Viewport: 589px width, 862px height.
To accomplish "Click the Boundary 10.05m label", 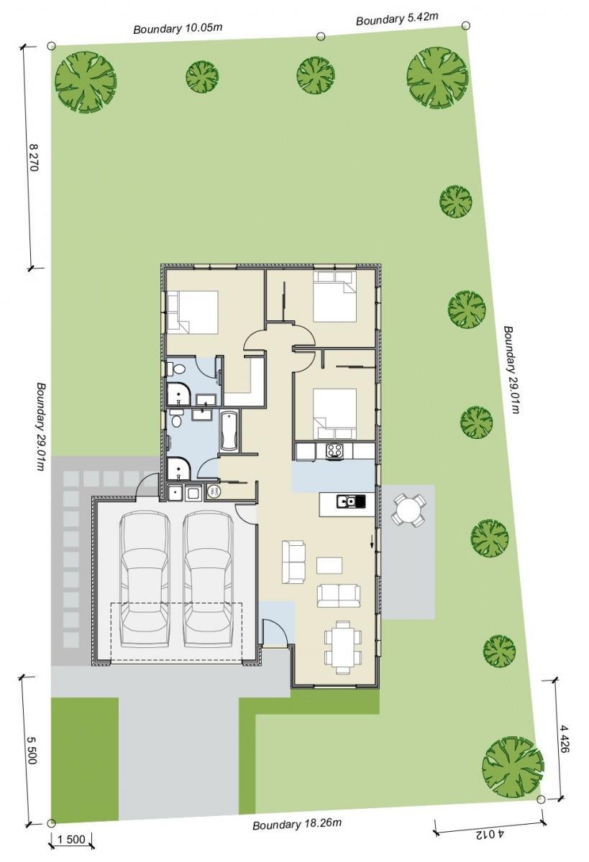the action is (178, 29).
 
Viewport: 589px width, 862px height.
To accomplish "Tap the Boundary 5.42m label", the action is (397, 19).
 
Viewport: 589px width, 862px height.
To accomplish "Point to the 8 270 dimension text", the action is (34, 157).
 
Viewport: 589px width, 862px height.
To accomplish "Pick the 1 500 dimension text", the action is (71, 847).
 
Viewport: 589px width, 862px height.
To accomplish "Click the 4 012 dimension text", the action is (490, 843).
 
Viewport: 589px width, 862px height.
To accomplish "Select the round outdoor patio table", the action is (408, 510).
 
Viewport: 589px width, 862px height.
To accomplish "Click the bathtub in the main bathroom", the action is (229, 431).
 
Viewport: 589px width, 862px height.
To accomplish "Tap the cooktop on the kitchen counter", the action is (334, 450).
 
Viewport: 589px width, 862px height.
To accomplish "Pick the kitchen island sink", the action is (350, 501).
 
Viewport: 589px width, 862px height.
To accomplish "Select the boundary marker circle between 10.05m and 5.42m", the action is (321, 36).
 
